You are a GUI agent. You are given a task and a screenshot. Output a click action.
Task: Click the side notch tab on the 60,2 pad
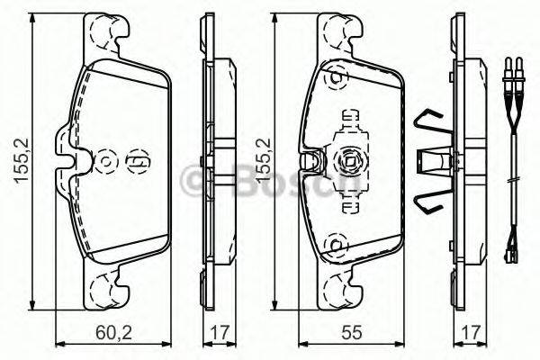[62, 148]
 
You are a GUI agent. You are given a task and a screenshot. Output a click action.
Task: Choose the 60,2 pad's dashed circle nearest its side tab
[106, 160]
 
